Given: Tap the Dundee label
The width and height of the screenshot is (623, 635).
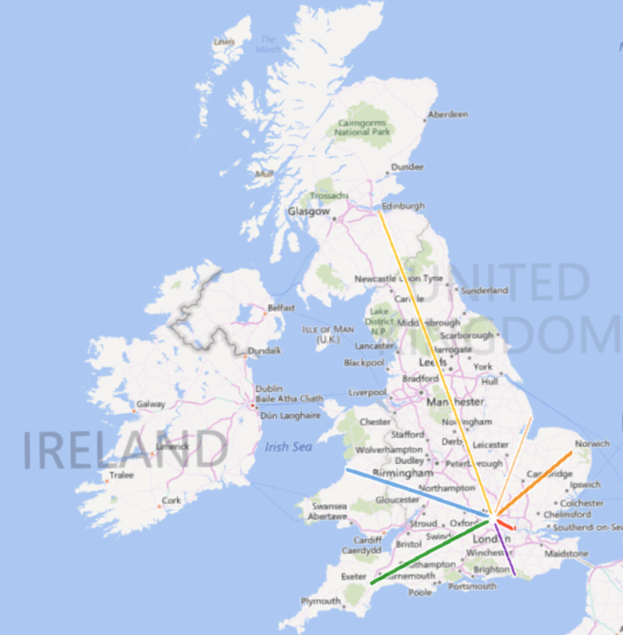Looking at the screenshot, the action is point(407,167).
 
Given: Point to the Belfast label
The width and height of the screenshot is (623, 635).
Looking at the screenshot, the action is point(280,308).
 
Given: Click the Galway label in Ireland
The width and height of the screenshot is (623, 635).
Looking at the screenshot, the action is point(151,404).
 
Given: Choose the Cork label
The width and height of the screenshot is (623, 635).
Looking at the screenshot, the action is point(171,500).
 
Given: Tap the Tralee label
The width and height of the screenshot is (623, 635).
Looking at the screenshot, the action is point(122,475).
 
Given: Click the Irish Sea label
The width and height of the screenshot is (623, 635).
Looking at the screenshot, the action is point(288,447).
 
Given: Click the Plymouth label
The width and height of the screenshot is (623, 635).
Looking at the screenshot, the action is point(319,601).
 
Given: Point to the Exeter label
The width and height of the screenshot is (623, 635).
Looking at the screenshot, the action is point(353,576).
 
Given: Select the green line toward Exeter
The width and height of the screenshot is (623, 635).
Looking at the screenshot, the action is point(430,552).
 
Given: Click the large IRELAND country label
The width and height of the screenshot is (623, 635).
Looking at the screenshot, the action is point(124,449).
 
